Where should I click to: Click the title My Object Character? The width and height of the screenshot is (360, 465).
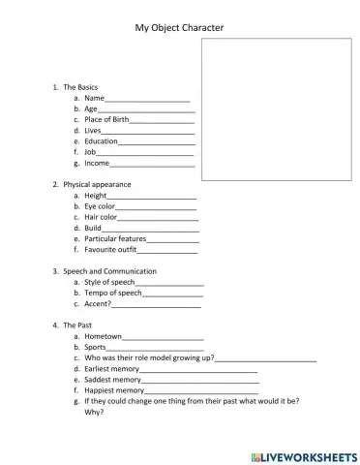pos(179,28)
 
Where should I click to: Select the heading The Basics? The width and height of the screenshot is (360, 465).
pos(80,87)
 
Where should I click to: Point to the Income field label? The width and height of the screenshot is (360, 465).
pos(97,163)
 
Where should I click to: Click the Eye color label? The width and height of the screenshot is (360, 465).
pos(100,206)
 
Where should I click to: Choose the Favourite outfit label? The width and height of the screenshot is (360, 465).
pos(110,249)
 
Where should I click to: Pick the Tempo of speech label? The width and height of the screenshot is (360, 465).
pos(113,293)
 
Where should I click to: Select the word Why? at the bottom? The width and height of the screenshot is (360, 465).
pos(94,412)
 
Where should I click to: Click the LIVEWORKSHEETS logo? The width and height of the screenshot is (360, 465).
pos(303,453)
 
